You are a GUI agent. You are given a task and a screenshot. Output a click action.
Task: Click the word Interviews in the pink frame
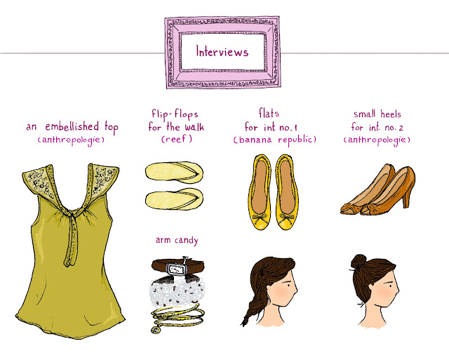(x=222, y=51)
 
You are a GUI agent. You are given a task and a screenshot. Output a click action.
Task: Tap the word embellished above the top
(x=72, y=126)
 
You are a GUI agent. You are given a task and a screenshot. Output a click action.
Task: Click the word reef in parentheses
(x=176, y=139)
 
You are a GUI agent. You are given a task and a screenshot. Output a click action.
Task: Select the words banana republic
(x=274, y=140)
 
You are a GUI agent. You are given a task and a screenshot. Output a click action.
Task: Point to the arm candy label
(x=177, y=240)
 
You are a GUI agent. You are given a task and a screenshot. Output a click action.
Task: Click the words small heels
(x=377, y=114)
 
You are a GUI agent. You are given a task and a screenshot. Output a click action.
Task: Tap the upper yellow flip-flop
(x=174, y=171)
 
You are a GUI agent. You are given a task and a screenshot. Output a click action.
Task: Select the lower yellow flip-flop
(x=174, y=199)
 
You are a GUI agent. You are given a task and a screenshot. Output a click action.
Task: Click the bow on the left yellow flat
(x=260, y=220)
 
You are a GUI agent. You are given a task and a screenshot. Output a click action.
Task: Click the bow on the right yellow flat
(x=287, y=219)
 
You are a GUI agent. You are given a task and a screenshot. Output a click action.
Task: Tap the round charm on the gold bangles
(x=155, y=331)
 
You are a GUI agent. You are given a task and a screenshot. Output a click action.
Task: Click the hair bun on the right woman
(x=358, y=262)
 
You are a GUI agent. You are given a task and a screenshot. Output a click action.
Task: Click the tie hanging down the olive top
(x=72, y=241)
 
